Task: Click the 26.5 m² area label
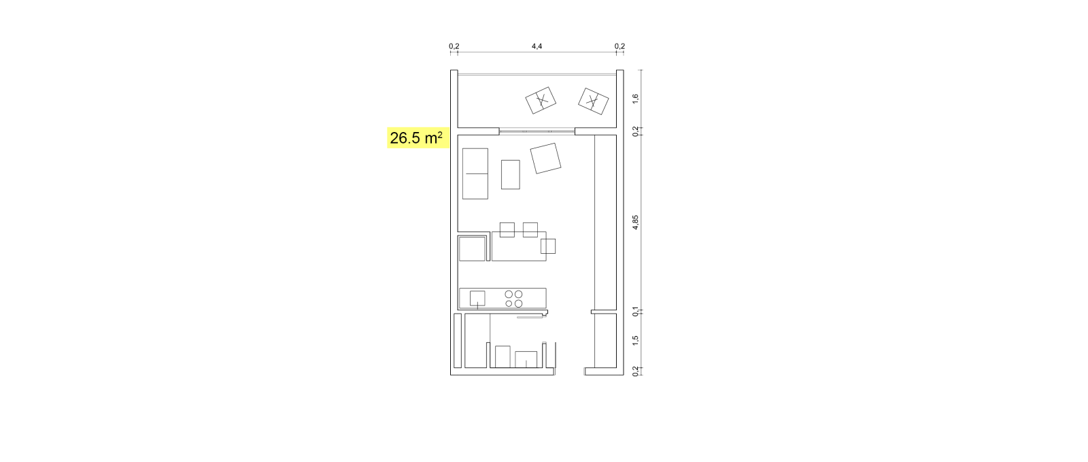[416, 138]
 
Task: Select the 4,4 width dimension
[537, 46]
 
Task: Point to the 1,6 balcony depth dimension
[635, 98]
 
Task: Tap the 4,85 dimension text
[635, 222]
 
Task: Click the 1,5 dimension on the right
[635, 341]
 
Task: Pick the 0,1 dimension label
[635, 312]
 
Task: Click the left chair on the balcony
[541, 101]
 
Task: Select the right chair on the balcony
[593, 101]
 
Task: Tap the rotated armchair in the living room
[545, 159]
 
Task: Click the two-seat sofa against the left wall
[475, 174]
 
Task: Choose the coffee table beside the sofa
[511, 174]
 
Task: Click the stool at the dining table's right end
[548, 246]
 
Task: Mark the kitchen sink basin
[477, 298]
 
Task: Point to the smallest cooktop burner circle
[509, 303]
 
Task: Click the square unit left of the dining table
[472, 248]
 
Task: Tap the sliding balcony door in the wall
[537, 131]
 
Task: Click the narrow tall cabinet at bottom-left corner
[458, 341]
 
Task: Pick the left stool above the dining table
[507, 230]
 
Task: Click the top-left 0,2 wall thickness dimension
[454, 46]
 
